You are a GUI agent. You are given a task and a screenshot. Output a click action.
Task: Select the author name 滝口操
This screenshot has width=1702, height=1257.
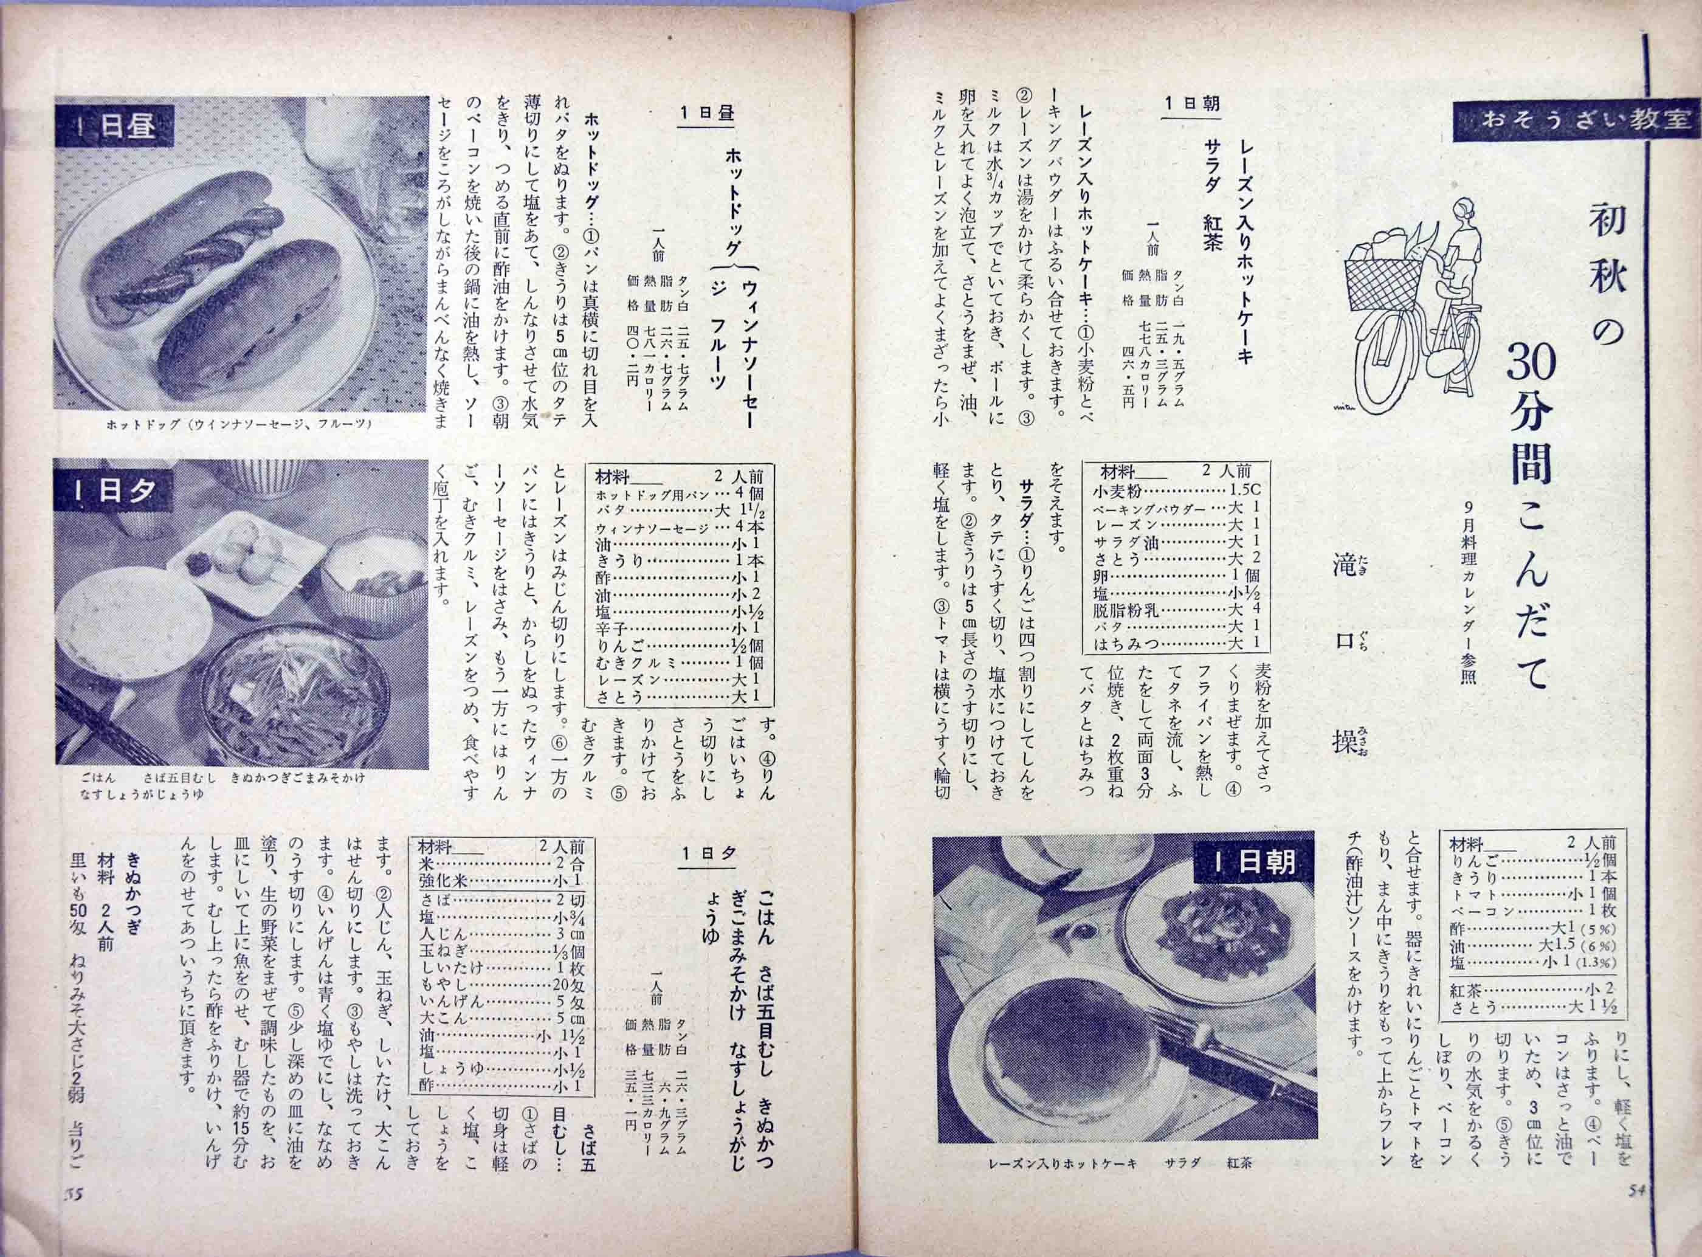coord(1351,666)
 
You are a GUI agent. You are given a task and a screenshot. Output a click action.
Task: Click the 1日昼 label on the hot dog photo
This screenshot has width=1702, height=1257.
coord(115,125)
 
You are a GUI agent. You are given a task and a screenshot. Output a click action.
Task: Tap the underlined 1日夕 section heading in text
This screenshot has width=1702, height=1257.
coord(708,854)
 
